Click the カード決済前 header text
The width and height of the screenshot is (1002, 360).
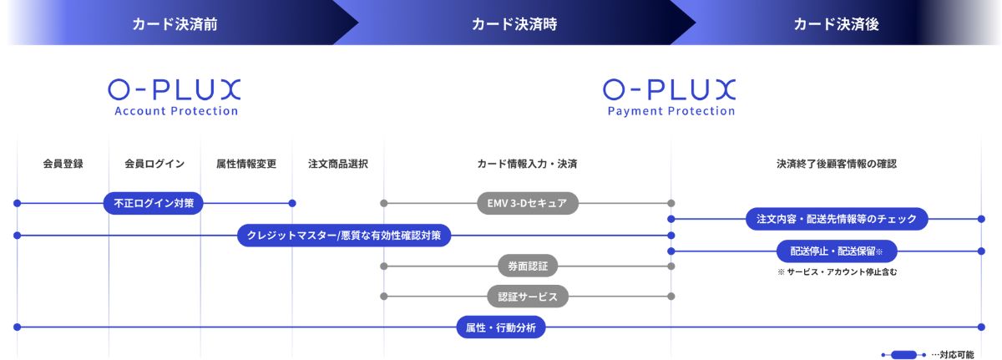pos(175,24)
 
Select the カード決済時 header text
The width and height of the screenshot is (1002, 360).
pos(514,24)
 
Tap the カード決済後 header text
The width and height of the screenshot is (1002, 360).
pos(836,24)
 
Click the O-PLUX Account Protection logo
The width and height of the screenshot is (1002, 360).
pos(175,98)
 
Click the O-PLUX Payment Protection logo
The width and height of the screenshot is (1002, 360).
pos(670,98)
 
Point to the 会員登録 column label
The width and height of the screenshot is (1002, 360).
pos(63,164)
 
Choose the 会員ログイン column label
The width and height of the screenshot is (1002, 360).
pos(154,164)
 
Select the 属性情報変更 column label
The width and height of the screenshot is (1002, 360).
pos(246,164)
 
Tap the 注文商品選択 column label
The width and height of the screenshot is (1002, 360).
pos(337,164)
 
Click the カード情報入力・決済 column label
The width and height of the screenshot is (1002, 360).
pos(527,164)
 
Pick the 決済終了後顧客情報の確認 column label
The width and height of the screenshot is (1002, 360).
pos(837,164)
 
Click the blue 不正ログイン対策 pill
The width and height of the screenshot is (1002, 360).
pos(154,204)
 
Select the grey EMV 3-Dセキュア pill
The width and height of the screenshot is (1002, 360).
pos(528,204)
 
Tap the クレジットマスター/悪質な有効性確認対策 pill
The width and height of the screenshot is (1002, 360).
pos(344,236)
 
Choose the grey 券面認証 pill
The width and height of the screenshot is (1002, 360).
pos(528,266)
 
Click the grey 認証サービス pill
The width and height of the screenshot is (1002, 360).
pos(528,297)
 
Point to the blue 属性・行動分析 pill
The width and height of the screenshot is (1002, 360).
pos(501,327)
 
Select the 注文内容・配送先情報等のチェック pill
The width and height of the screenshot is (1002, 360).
pos(837,219)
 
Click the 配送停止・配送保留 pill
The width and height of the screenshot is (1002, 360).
pos(837,251)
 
